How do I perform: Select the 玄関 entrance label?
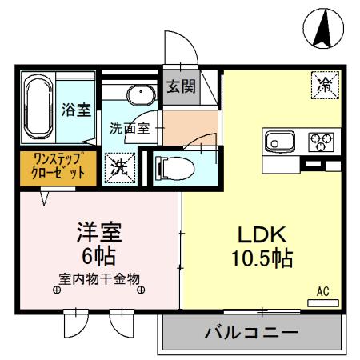point(180,86)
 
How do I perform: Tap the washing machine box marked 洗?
point(119,169)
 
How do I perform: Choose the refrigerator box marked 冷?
point(326,83)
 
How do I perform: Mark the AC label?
point(323,290)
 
